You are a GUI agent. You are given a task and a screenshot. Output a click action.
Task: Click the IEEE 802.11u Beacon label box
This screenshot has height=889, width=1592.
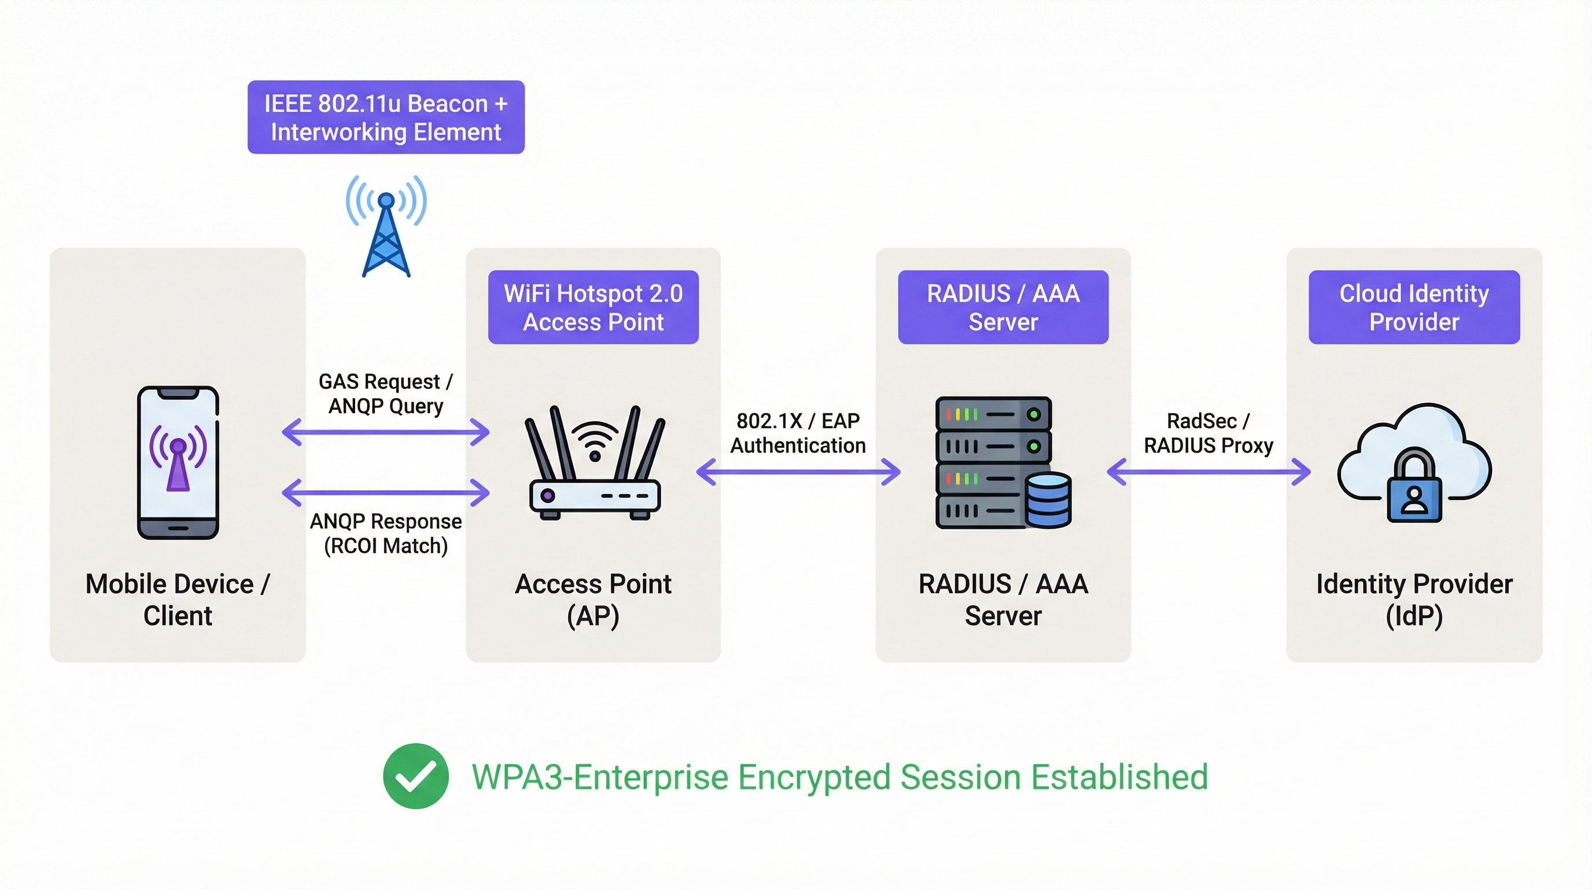tap(386, 117)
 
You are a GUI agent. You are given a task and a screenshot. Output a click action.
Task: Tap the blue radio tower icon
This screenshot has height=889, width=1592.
tap(386, 226)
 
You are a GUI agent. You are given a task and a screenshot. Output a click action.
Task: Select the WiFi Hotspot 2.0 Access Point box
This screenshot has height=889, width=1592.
tap(594, 307)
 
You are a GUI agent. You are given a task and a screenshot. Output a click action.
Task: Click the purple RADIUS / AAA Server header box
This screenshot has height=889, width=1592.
tap(1003, 307)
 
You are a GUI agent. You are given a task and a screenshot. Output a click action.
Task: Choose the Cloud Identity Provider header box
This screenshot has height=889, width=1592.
tap(1414, 307)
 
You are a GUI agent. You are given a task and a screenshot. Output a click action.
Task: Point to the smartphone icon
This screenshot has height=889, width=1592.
tap(178, 462)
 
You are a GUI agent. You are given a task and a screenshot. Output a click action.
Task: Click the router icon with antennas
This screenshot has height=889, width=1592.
tap(595, 464)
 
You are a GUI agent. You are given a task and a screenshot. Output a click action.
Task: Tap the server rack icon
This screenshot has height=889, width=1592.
tap(994, 462)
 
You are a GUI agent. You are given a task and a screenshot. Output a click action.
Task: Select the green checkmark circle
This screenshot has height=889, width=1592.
tap(416, 776)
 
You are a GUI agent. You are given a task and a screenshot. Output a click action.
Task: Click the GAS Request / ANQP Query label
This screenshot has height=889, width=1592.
tap(386, 394)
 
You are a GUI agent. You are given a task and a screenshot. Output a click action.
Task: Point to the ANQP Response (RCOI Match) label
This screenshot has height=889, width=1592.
tap(386, 534)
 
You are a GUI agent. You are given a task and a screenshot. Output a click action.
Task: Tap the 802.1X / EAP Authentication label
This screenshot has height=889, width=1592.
tap(798, 433)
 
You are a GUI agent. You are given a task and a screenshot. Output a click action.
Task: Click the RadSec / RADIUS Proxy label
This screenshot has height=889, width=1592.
tap(1208, 433)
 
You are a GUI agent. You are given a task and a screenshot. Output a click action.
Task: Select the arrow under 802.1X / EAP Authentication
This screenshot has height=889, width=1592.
tap(798, 472)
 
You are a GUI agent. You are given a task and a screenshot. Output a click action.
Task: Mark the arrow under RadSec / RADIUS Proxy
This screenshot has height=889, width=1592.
tap(1208, 472)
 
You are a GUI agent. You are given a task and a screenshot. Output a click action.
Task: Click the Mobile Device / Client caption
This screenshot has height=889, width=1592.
tap(178, 600)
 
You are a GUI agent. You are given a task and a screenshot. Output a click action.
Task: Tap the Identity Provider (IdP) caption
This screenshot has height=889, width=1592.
tap(1414, 600)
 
